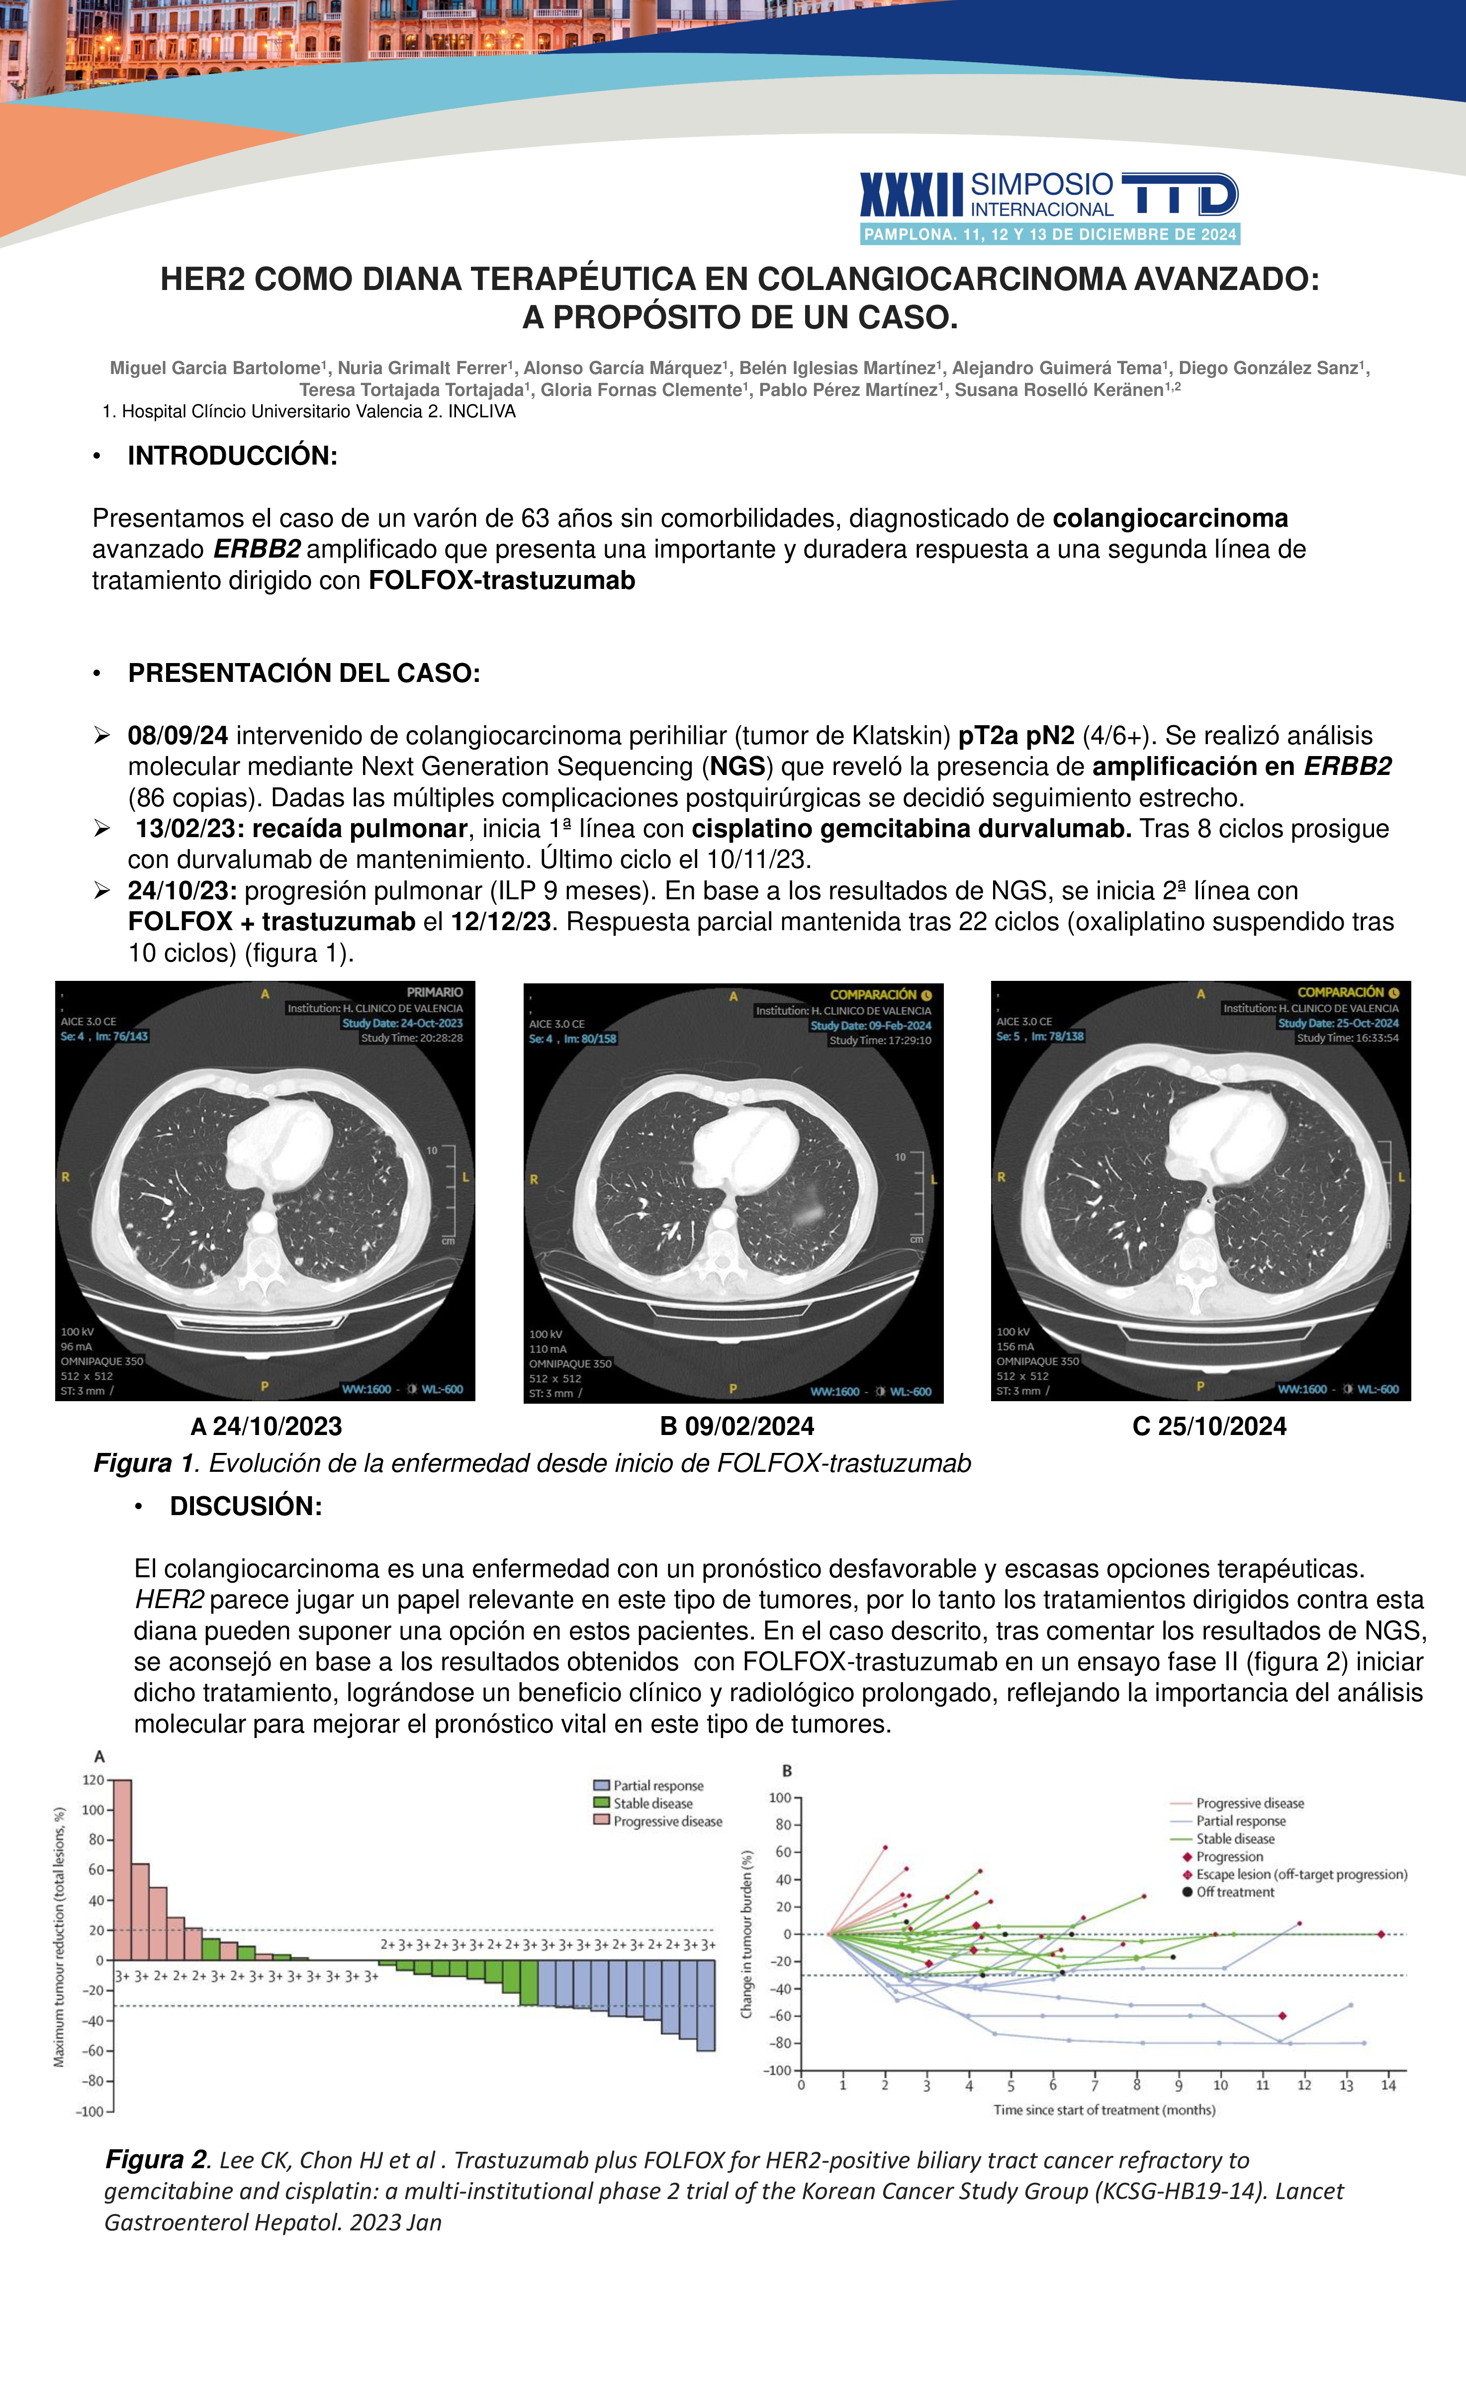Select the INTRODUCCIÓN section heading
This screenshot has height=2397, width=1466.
(x=233, y=455)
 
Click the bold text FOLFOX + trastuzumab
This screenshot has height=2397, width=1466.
(x=272, y=921)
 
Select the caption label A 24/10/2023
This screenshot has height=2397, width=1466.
(x=267, y=1426)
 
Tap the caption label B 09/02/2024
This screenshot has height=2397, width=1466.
(x=736, y=1426)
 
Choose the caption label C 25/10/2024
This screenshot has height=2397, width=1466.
(x=1209, y=1426)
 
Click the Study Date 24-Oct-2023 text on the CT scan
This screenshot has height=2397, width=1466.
(x=402, y=1023)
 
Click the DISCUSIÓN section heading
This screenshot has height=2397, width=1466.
(x=245, y=1506)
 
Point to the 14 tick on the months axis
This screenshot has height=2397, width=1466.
(x=1388, y=2086)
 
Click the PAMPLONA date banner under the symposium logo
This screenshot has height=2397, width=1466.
(x=1050, y=234)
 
